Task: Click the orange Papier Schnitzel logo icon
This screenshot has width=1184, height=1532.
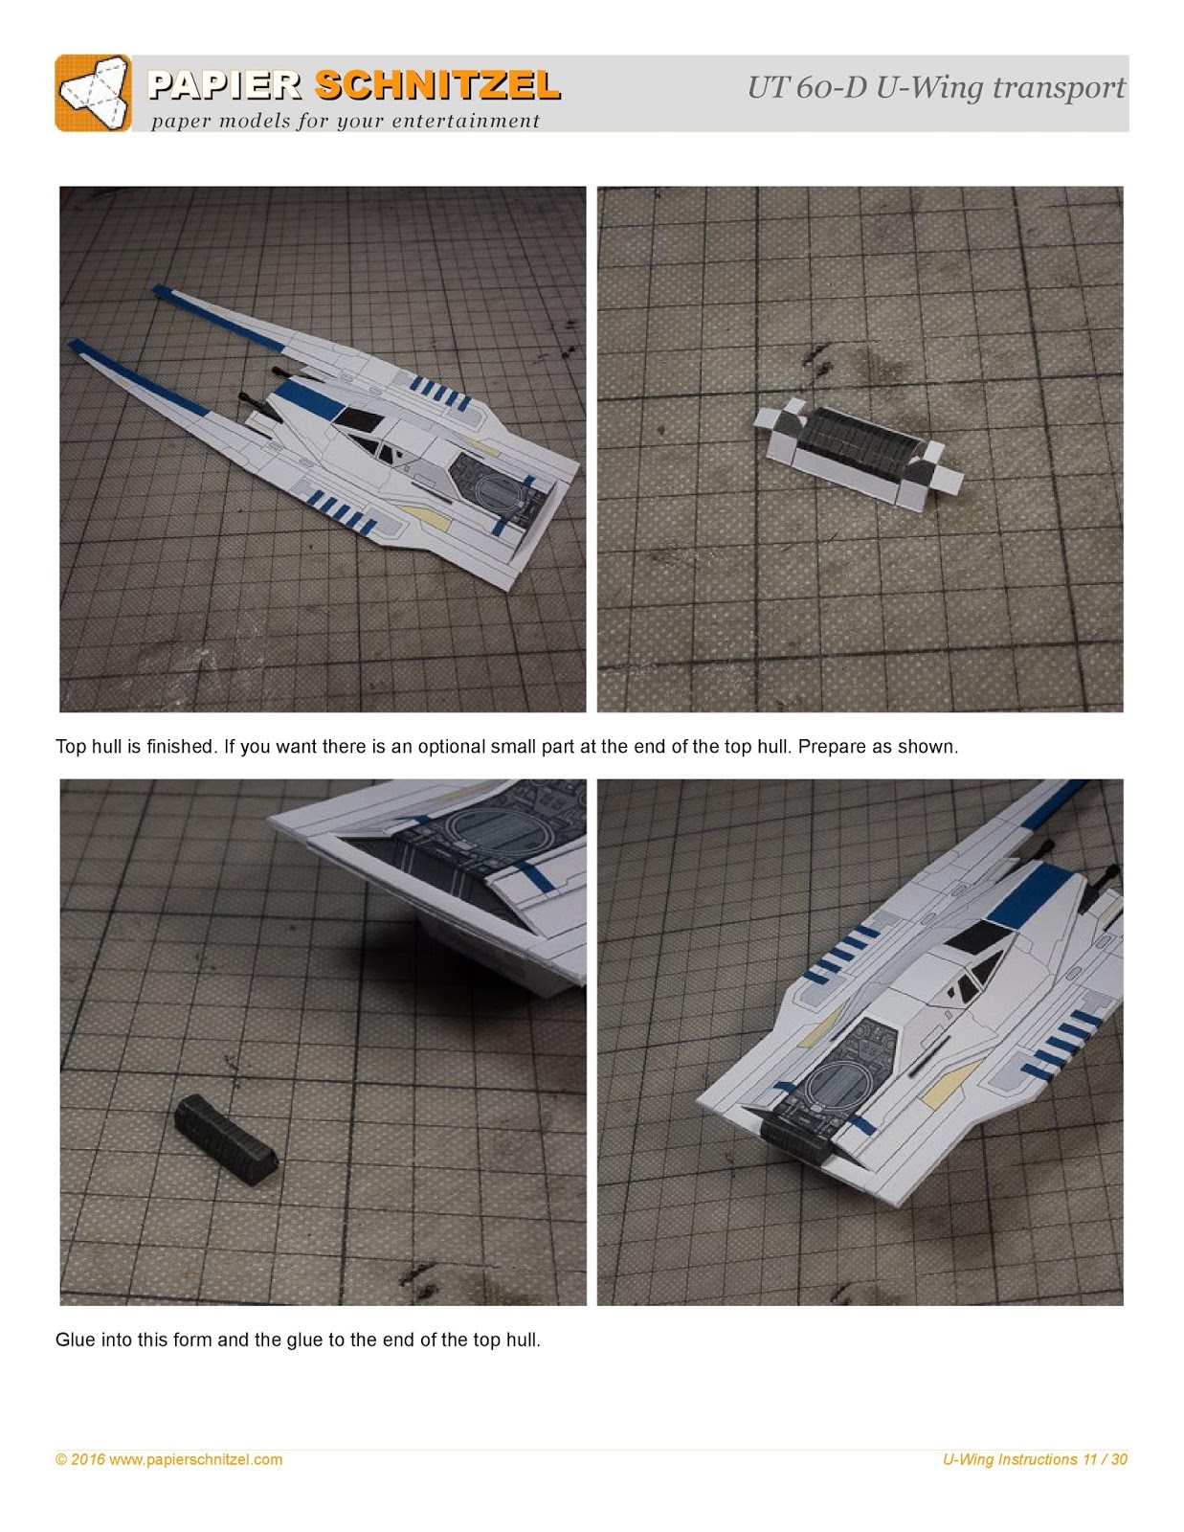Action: (x=93, y=93)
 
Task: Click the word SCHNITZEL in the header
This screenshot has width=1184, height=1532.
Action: (x=436, y=86)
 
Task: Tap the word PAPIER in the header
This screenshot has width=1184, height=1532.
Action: (x=224, y=86)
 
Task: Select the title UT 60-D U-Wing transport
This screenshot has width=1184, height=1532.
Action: (x=935, y=88)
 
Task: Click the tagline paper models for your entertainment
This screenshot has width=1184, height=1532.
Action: (x=346, y=121)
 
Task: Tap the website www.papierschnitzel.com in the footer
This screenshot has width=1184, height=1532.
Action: (x=196, y=1459)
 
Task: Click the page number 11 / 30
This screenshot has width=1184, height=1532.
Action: (x=1106, y=1459)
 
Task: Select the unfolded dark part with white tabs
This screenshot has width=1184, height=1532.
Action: (x=857, y=446)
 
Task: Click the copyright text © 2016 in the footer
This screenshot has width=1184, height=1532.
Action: (x=80, y=1459)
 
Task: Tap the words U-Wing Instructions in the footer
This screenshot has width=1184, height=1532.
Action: (x=1010, y=1459)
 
